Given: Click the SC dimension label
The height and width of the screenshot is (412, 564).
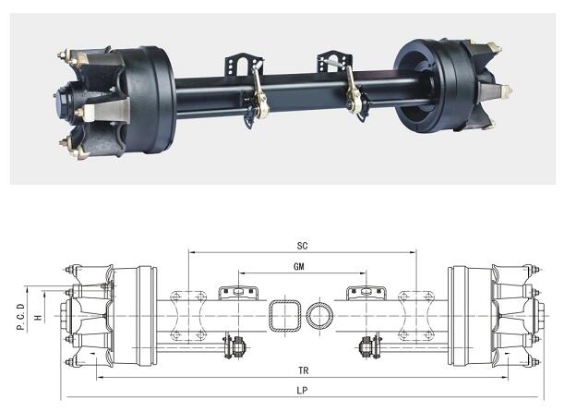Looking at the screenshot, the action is coord(302,246).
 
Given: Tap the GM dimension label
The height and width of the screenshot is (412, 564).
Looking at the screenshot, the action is coord(299,266).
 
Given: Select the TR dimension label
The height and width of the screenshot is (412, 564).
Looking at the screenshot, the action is coord(303,370).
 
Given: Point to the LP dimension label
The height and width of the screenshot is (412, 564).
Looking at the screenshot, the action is coord(302,391).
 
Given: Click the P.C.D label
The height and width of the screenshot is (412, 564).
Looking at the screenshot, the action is coord(21,317).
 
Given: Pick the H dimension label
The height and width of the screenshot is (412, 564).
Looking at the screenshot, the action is coord(38,318).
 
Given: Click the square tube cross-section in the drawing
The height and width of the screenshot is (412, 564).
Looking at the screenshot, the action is coord(285,316).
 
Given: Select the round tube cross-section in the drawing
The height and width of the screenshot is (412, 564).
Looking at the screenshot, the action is coord(319,316).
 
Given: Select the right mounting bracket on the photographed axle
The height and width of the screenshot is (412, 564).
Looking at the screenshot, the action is coord(335,61).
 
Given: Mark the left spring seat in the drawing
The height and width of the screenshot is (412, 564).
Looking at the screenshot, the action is coord(187,316).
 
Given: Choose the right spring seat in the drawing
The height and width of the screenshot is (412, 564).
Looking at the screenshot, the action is coord(416,316).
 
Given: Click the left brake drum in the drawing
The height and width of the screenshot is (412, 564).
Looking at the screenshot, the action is coord(147,316).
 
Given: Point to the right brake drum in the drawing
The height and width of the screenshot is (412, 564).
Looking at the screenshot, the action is coord(458,316).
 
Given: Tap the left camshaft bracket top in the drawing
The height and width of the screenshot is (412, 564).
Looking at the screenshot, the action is coord(238,293).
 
